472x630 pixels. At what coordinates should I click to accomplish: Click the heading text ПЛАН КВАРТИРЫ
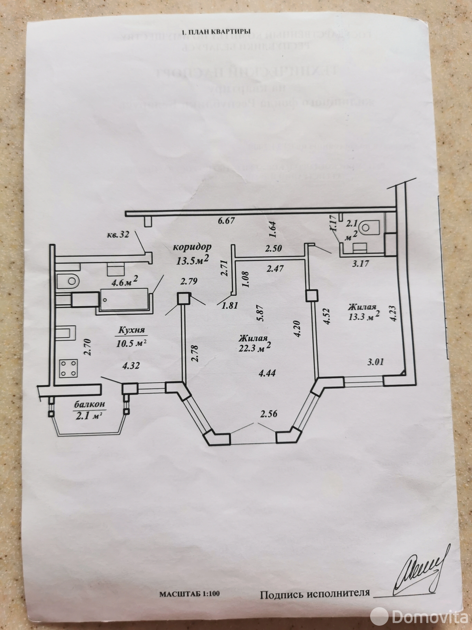pos(220,33)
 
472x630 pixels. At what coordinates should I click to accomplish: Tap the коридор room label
pos(192,247)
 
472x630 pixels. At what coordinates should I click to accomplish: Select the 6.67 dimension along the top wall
pos(226,221)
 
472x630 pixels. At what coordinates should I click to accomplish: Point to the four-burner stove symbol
pos(68,368)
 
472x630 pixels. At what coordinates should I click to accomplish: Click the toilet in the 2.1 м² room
pos(370,226)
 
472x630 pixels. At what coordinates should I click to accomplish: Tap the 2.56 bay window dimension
pos(268,414)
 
